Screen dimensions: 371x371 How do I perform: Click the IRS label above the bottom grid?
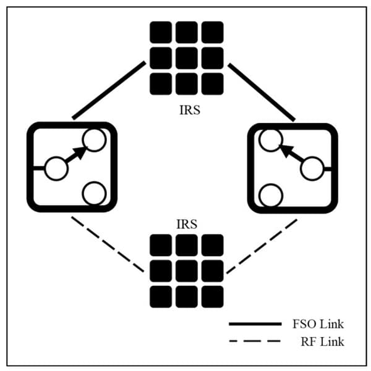pos(186,224)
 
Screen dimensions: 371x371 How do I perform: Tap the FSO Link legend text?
pos(318,323)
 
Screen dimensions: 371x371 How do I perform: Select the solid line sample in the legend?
pos(254,323)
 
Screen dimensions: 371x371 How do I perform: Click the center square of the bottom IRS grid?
pos(186,270)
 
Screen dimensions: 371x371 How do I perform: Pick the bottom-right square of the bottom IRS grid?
pos(212,296)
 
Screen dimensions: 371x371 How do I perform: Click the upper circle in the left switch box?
pos(94,140)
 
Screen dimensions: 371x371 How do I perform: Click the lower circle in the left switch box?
pos(94,194)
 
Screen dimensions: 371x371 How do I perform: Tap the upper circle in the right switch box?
pos(270,140)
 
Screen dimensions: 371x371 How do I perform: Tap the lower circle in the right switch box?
pos(270,196)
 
